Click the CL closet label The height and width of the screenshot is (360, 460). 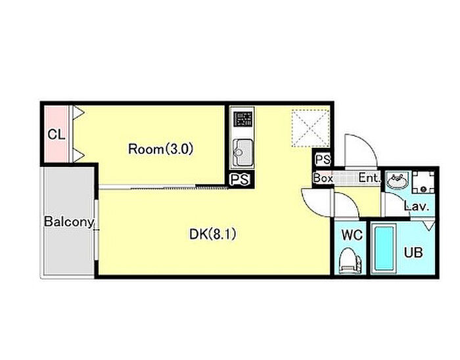click(x=57, y=135)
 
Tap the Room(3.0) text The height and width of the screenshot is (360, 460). click(x=161, y=149)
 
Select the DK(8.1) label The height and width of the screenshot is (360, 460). click(x=212, y=235)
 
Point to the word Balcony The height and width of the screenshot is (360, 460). click(x=69, y=222)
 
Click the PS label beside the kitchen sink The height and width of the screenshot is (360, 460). click(x=240, y=179)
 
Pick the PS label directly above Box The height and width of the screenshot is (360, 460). click(x=323, y=160)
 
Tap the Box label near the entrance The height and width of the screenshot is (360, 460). click(x=323, y=178)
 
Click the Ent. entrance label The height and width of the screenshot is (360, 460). click(x=369, y=178)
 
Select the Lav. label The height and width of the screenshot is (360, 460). click(x=417, y=206)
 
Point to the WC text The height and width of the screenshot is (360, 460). click(x=352, y=235)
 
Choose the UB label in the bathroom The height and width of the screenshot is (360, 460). click(x=413, y=252)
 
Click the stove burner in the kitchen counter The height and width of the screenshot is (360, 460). click(x=243, y=119)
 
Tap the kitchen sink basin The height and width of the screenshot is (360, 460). click(x=242, y=152)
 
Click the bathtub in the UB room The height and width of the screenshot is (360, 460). click(x=384, y=249)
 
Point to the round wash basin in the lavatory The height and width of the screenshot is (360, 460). click(x=398, y=181)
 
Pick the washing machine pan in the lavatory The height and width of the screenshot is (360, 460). click(x=423, y=182)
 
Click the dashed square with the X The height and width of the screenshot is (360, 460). click(x=310, y=128)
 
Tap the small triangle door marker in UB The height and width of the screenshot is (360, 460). click(x=429, y=225)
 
